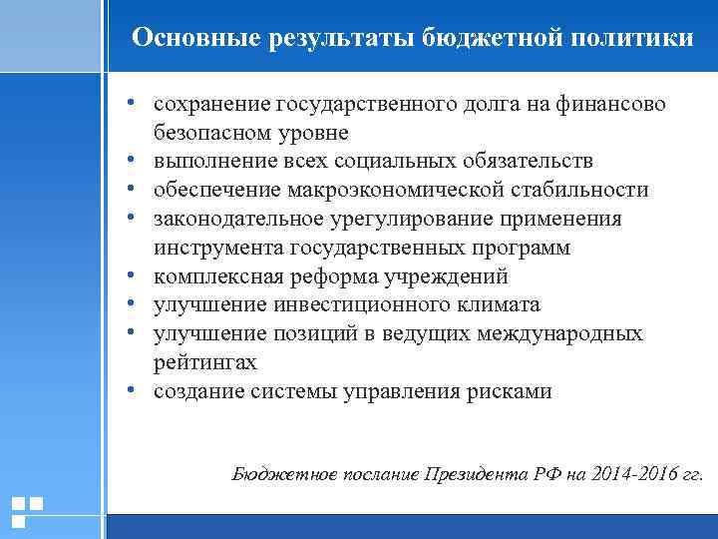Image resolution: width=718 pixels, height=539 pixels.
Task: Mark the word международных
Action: pos(562,333)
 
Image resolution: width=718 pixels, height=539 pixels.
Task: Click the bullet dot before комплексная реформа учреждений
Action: pos(131,276)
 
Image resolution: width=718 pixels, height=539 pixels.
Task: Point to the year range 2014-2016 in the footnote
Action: pos(629,475)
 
